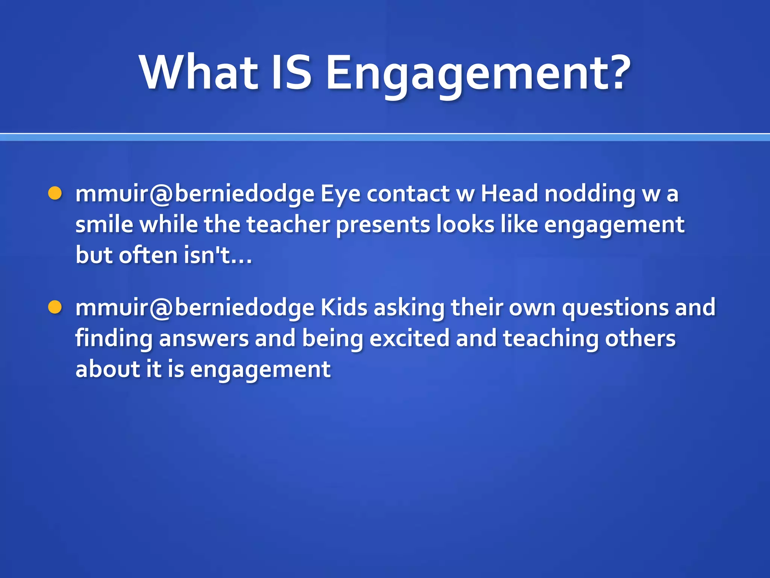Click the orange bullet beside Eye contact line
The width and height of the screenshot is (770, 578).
[55, 193]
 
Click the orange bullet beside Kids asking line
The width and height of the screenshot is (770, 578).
[55, 307]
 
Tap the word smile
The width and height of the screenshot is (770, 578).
[104, 225]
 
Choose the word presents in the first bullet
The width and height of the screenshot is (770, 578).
[383, 225]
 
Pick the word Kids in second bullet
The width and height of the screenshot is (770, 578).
[344, 307]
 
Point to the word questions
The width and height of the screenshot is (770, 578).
[615, 308]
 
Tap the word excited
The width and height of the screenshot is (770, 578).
[409, 338]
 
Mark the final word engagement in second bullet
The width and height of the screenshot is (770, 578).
[260, 370]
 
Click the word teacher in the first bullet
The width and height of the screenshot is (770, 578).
[288, 225]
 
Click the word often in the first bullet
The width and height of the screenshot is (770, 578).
[148, 256]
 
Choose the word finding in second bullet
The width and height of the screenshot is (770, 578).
[114, 339]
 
